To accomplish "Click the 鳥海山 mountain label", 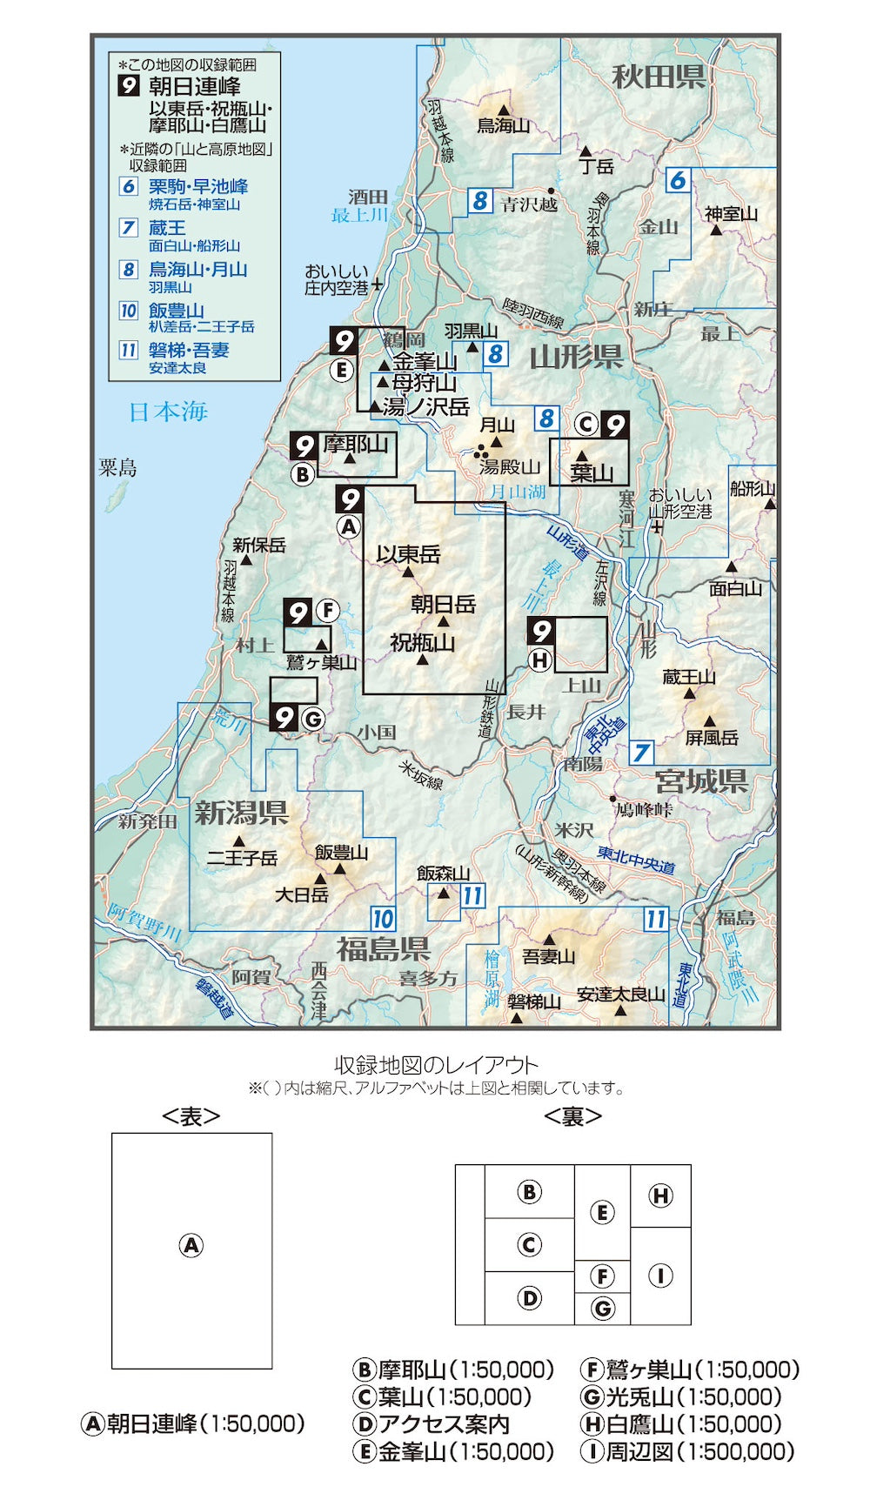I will coord(503,126).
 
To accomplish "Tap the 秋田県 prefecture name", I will coord(658,77).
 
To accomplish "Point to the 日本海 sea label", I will coord(168,412).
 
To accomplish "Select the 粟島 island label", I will coord(117,468).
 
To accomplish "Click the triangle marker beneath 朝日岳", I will coord(443,621).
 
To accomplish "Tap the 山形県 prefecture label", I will coord(576,357).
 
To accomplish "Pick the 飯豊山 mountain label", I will coord(341,853).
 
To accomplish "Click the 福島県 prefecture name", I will coord(383,948).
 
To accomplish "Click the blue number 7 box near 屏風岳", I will coord(642,752).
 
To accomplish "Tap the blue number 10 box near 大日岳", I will coord(383,919).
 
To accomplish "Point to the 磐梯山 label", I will coord(534,1002).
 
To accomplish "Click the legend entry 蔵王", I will coord(167,228).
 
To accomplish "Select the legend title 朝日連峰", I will coord(195,86).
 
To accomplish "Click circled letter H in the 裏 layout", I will coord(660,1195).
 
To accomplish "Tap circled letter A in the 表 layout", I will coord(191,1245).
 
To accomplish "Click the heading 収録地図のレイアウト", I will coord(436,1065).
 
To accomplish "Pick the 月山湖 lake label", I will coord(518,492).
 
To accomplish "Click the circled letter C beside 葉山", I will coord(586,425).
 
